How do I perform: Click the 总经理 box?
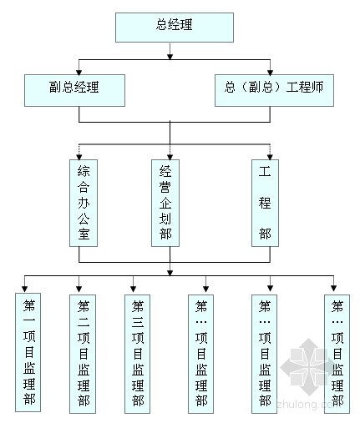pyautogui.click(x=175, y=28)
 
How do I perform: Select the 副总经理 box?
pyautogui.click(x=74, y=90)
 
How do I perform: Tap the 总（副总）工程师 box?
pyautogui.click(x=274, y=90)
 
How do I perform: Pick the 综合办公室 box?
pyautogui.click(x=84, y=203)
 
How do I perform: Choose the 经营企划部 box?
pyautogui.click(x=165, y=203)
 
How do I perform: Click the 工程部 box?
pyautogui.click(x=265, y=203)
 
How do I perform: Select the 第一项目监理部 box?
pyautogui.click(x=28, y=352)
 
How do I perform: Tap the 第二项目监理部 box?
pyautogui.click(x=83, y=354)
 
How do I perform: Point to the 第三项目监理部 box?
pyautogui.click(x=137, y=354)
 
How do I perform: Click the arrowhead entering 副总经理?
pyautogui.click(x=79, y=73)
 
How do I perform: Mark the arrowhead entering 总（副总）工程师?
pyautogui.click(x=270, y=73)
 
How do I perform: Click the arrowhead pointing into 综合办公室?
pyautogui.click(x=79, y=158)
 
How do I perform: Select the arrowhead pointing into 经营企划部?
pyautogui.click(x=170, y=158)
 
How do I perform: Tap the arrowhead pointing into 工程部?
pyautogui.click(x=270, y=158)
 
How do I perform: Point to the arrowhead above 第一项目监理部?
pyautogui.click(x=25, y=289)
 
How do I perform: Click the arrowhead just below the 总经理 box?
pyautogui.click(x=170, y=57)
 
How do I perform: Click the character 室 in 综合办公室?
pyautogui.click(x=84, y=234)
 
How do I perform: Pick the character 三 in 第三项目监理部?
pyautogui.click(x=138, y=322)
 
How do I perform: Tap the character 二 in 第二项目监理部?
pyautogui.click(x=84, y=322)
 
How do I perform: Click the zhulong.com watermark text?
pyautogui.click(x=309, y=404)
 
